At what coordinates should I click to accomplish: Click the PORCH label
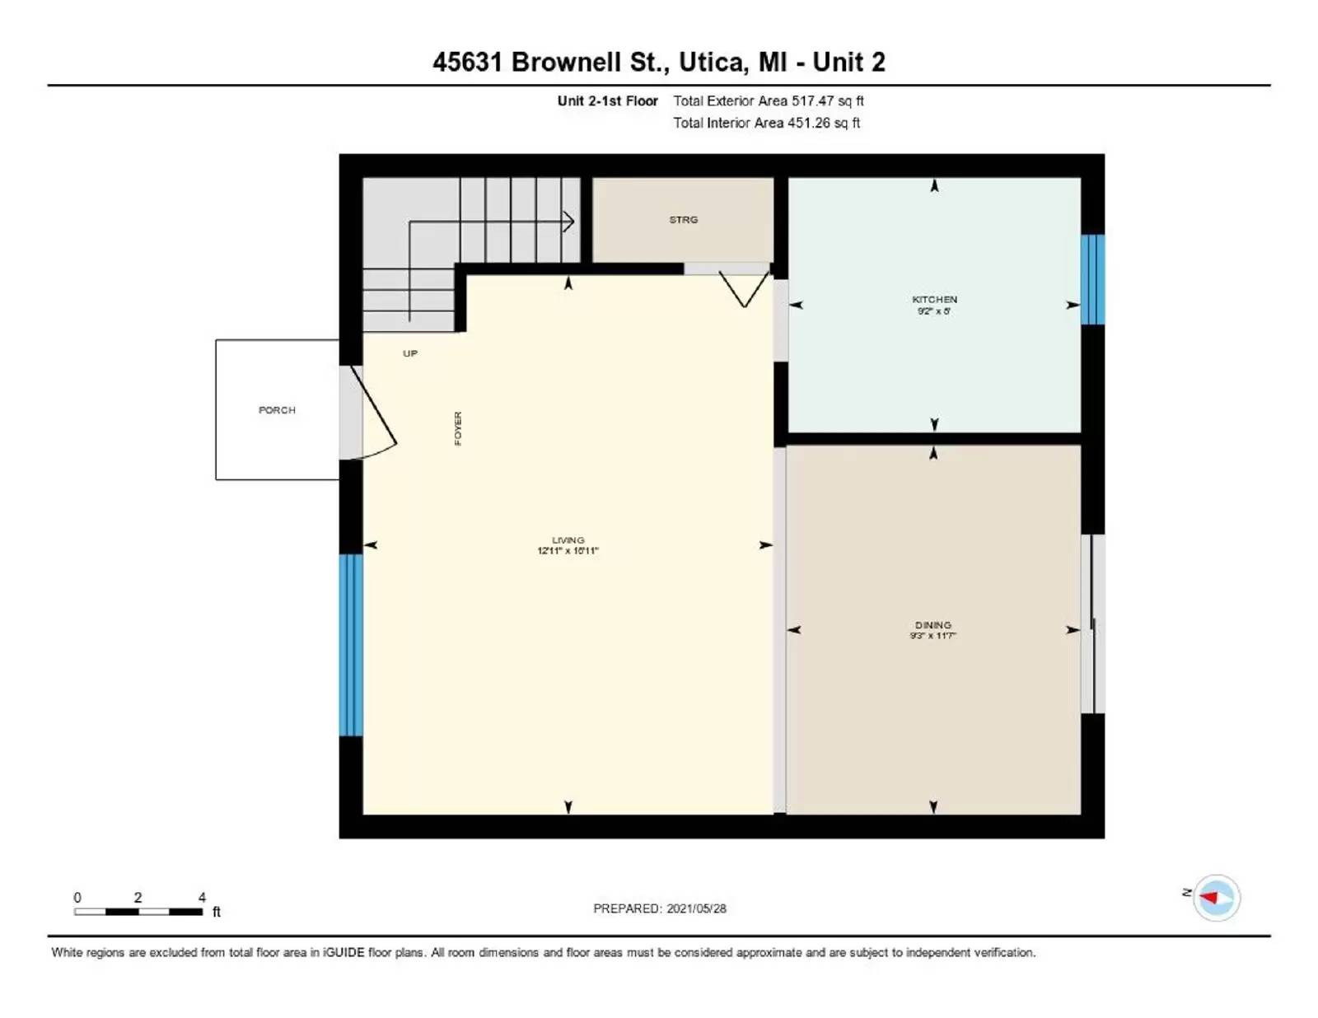[277, 410]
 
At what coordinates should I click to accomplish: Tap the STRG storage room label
[683, 220]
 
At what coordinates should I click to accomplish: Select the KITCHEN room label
[934, 300]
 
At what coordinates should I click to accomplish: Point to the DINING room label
[932, 625]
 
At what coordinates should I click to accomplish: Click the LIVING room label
[568, 540]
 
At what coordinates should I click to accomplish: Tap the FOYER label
[458, 428]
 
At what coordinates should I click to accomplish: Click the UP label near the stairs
[410, 353]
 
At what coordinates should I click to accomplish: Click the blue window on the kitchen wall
[1092, 279]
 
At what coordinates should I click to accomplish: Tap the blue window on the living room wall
[351, 644]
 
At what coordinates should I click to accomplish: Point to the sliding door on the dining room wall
[1092, 623]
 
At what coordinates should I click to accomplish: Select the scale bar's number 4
[202, 897]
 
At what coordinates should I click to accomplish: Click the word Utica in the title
[713, 62]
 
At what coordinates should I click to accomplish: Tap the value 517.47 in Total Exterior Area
[812, 100]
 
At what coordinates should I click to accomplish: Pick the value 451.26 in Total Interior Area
[808, 123]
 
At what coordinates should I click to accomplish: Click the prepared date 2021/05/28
[696, 908]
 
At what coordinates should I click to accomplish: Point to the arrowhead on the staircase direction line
[568, 221]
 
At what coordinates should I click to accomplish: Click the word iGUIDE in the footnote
[343, 952]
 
